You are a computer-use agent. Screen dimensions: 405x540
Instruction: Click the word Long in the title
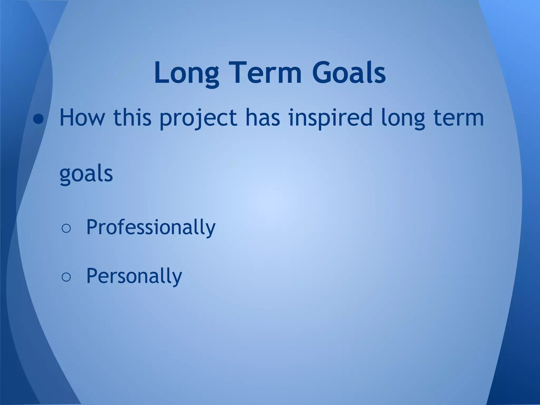[x=186, y=73]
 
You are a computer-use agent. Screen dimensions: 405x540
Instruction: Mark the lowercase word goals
[x=86, y=175]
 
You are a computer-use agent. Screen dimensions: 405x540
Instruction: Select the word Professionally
[x=151, y=227]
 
